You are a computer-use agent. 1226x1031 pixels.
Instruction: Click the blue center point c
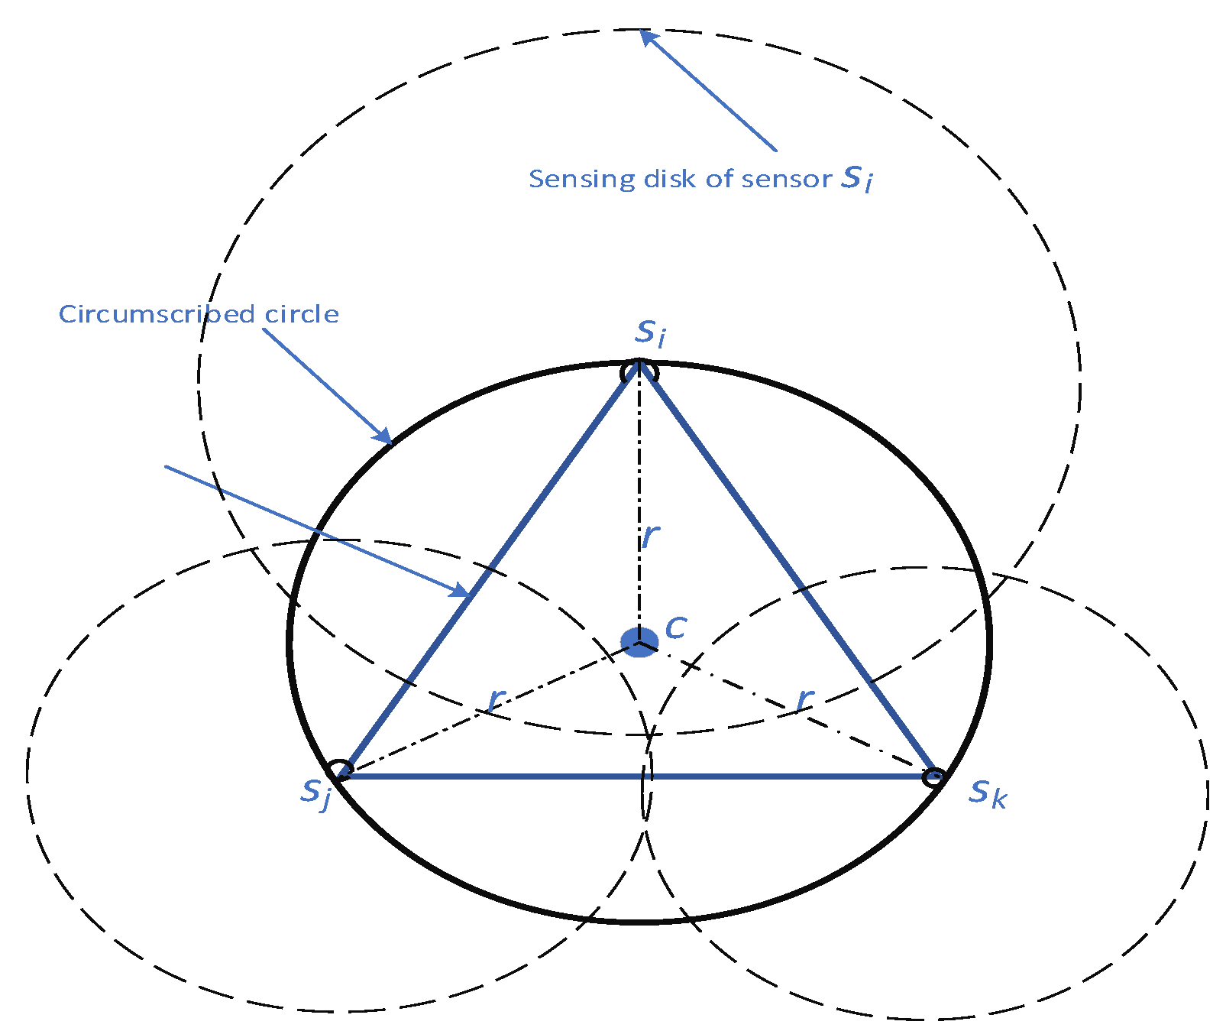(639, 641)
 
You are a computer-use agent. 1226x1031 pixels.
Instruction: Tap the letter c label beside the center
(676, 627)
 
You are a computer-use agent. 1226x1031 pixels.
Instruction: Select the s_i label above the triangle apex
(651, 332)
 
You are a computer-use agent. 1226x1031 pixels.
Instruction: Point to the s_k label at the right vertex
(988, 793)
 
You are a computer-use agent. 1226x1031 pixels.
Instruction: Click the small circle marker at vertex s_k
(933, 778)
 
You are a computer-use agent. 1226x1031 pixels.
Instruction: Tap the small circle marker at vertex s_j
(338, 770)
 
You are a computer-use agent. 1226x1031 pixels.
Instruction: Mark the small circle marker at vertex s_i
(639, 372)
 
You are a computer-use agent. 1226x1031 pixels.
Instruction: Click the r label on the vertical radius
(650, 537)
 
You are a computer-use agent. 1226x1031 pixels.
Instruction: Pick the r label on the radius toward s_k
(805, 698)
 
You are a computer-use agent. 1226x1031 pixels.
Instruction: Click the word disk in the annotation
(671, 179)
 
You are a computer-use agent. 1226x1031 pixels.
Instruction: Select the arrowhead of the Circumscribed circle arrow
(383, 436)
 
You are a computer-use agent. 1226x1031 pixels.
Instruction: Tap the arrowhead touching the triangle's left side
(460, 590)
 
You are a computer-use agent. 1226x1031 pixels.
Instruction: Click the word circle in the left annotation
(302, 314)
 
